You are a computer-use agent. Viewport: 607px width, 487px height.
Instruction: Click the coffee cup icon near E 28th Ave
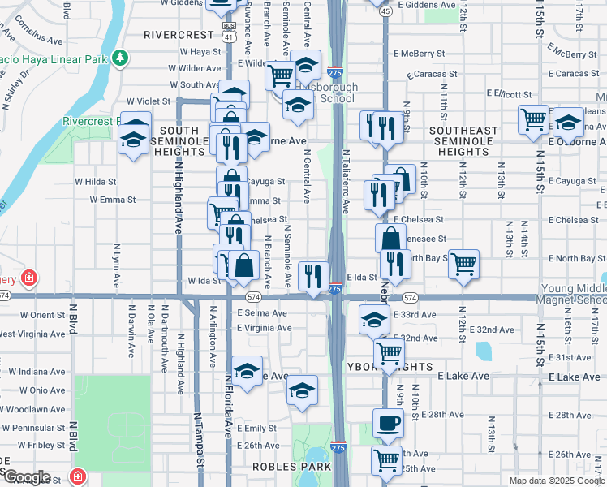click(x=388, y=423)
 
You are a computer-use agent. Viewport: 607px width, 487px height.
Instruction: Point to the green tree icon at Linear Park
click(x=120, y=58)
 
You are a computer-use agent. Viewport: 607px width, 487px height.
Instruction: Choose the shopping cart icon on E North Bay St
click(x=463, y=263)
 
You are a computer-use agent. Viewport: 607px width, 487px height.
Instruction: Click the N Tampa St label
click(x=197, y=439)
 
